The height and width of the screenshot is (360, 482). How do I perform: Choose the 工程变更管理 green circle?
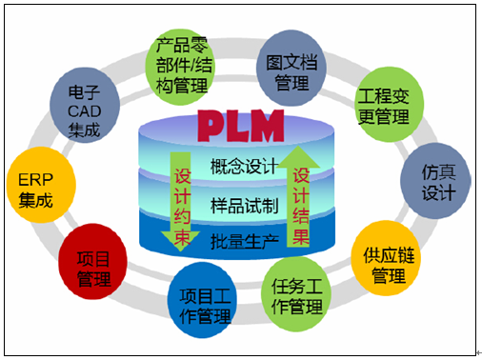coord(382,106)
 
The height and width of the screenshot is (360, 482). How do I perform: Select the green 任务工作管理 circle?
coord(296,300)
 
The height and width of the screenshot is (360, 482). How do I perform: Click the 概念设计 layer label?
coord(242,168)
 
